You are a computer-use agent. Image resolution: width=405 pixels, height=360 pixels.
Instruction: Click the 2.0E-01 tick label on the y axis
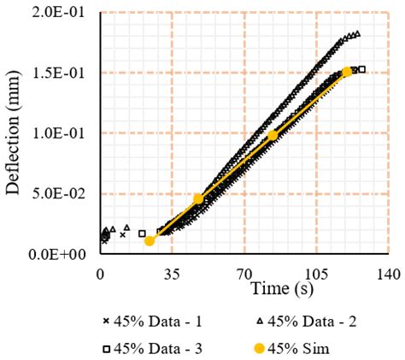(x=62, y=13)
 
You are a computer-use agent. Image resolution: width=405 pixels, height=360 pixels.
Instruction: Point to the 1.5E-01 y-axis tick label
(x=62, y=73)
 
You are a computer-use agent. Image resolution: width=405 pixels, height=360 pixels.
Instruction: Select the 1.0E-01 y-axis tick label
(x=62, y=133)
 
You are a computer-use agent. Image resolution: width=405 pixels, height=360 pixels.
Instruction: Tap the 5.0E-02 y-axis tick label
(x=62, y=194)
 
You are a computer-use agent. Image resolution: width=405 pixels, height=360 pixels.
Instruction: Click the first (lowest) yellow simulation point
(x=150, y=241)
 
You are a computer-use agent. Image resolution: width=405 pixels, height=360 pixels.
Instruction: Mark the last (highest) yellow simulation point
(x=347, y=73)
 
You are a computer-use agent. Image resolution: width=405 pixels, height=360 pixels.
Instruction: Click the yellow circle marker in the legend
(x=262, y=349)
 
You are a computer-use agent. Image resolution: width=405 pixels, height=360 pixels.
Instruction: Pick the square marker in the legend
(x=107, y=349)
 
